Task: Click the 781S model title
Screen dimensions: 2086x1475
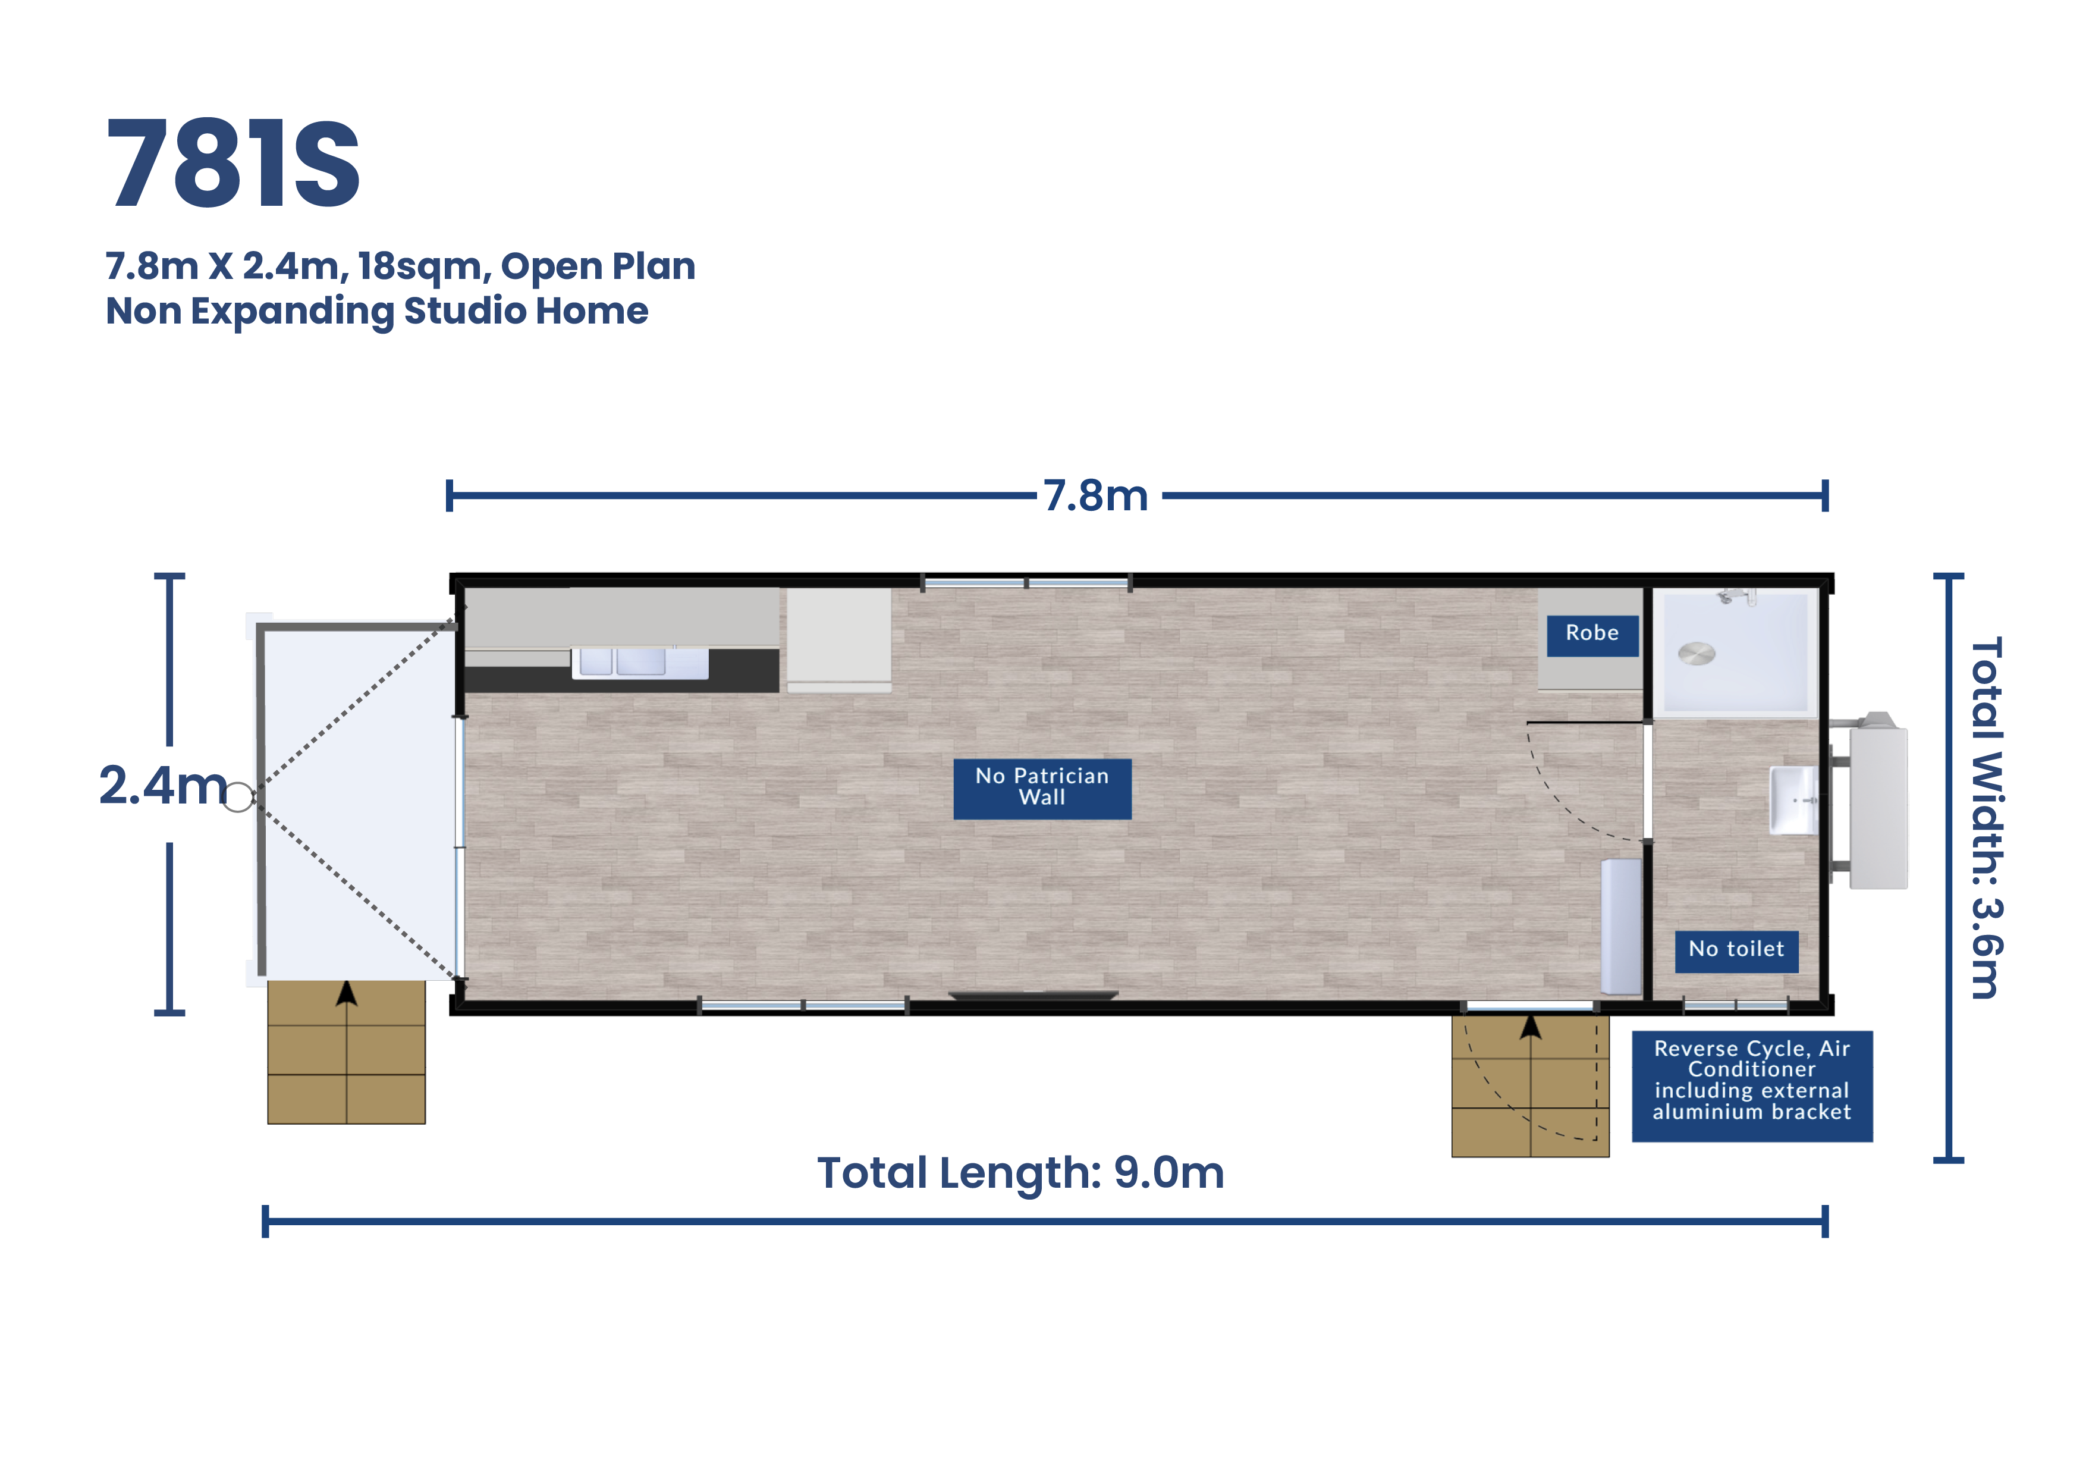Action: [234, 164]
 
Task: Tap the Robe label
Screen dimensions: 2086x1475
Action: [1592, 633]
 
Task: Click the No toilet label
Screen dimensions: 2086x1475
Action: [1736, 950]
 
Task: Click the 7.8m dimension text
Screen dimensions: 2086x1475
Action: [1096, 496]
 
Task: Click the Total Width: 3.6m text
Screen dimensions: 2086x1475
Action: [1986, 818]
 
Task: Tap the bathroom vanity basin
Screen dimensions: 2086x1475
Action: [1793, 801]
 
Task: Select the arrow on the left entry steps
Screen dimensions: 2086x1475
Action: [346, 994]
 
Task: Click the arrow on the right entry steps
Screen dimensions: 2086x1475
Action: [1531, 1028]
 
